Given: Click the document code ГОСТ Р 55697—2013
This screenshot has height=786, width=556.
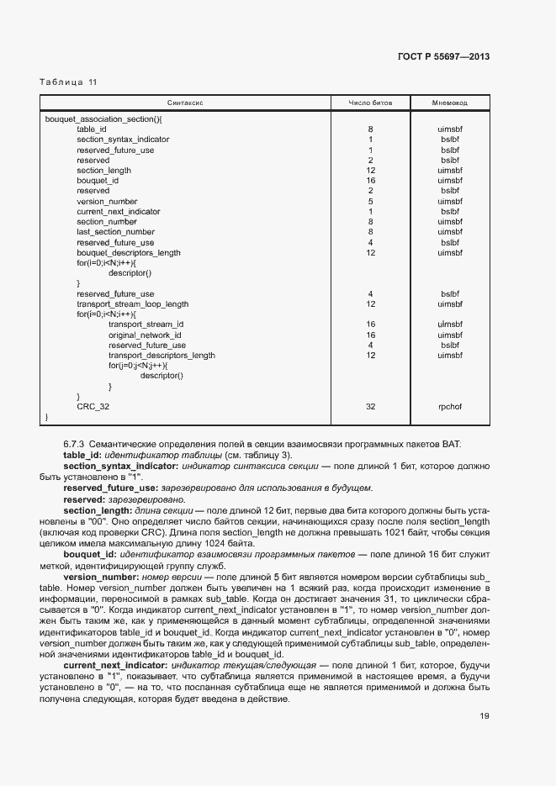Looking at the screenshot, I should click(442, 57).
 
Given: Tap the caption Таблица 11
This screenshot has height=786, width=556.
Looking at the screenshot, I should click(68, 82).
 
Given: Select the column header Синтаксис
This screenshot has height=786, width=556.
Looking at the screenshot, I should click(186, 103).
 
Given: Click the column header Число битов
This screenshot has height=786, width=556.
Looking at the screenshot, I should click(370, 103).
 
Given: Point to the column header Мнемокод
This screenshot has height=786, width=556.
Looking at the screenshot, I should click(449, 103).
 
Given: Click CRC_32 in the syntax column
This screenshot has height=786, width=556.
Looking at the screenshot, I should click(93, 406).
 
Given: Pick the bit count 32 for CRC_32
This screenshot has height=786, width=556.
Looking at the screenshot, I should click(370, 406).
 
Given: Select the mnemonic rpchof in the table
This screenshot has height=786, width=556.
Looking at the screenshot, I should click(450, 406).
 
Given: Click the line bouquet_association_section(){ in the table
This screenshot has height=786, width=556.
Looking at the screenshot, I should click(103, 119).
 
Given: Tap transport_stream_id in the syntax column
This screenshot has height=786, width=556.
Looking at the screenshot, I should click(146, 324).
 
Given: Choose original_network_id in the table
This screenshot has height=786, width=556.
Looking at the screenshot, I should click(145, 335).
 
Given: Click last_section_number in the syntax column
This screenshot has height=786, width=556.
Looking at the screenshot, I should click(115, 232).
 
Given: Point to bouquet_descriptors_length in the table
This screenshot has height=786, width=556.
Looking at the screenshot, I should click(128, 252).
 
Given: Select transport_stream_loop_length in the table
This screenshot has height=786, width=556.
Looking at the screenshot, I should click(132, 304).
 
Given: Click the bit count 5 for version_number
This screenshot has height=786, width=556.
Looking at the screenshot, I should click(370, 202).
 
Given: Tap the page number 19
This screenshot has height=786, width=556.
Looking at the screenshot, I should click(485, 717).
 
